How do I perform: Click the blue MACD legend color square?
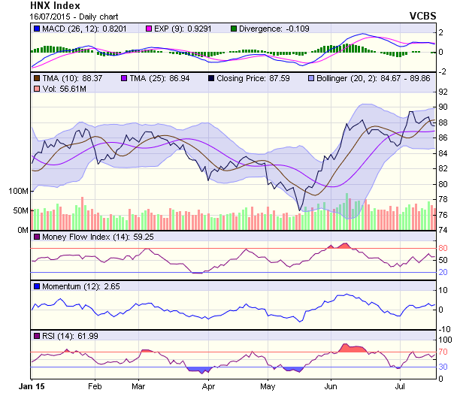(x=36, y=29)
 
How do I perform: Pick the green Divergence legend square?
(x=235, y=29)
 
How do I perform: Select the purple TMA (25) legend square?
(x=124, y=77)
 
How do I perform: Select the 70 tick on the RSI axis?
(x=443, y=352)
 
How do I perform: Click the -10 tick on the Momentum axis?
(x=444, y=328)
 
